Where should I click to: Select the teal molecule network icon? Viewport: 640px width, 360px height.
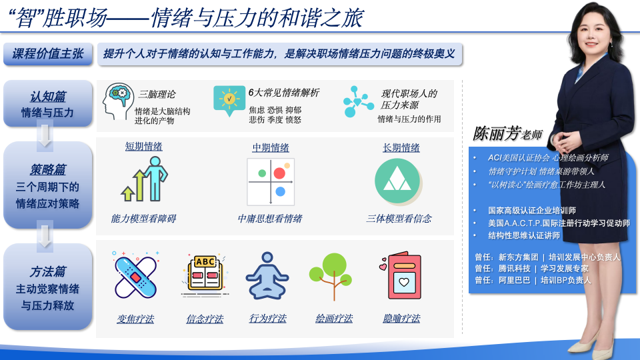point(358,101)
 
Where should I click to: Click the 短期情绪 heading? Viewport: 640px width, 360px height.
point(144,147)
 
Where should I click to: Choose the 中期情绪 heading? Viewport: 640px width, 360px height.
point(271,148)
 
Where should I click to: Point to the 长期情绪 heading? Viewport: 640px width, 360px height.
point(401,148)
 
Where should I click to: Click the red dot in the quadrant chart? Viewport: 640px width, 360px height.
point(279,173)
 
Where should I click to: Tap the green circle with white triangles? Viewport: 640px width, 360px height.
point(397,181)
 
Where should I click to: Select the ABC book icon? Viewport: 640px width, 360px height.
point(205,274)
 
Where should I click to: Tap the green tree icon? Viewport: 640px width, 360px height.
point(331,276)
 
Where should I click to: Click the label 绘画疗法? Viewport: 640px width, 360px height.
point(334,319)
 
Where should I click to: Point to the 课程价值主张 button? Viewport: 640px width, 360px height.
point(48,54)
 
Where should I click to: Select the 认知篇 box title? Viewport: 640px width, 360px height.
point(48,96)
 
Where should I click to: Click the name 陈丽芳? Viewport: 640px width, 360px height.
point(497,133)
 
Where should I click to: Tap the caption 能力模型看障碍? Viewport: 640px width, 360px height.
point(144,219)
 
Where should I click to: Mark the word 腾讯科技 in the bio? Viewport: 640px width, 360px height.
point(514,269)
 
